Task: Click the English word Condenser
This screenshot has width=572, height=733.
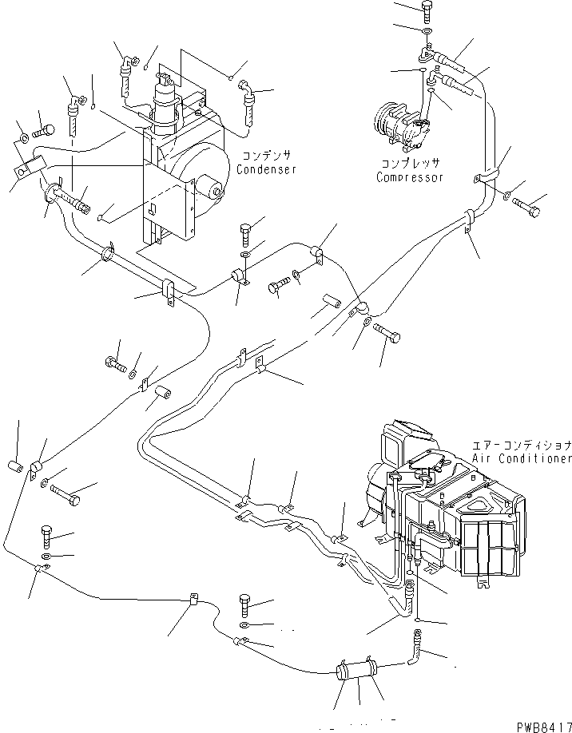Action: click(266, 169)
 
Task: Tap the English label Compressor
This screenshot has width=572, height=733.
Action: click(409, 177)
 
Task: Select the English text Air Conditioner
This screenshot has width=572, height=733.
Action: click(522, 459)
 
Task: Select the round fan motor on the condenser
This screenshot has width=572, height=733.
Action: click(211, 188)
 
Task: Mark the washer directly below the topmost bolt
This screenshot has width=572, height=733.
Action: click(427, 31)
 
